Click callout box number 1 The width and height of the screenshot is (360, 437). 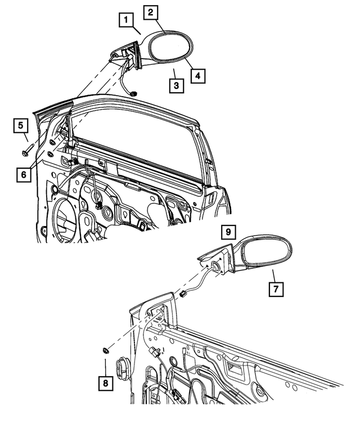click(x=127, y=21)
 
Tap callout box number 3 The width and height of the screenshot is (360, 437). click(x=176, y=85)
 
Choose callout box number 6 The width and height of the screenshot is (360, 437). click(x=23, y=175)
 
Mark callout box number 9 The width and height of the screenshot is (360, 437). click(x=227, y=232)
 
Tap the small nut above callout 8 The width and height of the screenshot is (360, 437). click(x=105, y=351)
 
